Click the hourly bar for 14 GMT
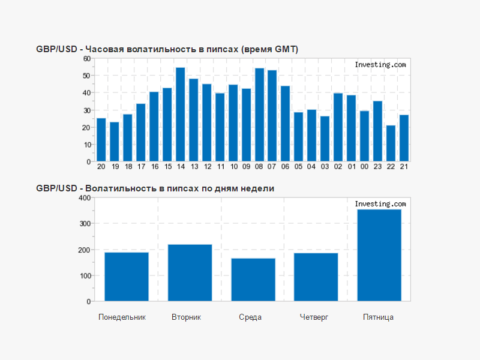pos(180,115)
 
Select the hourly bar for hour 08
pos(259,115)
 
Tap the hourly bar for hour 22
pos(391,143)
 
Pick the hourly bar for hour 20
pos(101,140)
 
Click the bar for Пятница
pos(379,255)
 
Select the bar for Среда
pos(253,280)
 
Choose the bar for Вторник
pos(190,272)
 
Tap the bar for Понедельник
pos(126,277)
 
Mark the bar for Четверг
pos(316,277)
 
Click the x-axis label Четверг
pos(314,317)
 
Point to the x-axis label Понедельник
pos(122,317)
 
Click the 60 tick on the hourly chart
pos(86,59)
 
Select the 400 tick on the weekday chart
pos(84,198)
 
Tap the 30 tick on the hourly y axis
pos(86,110)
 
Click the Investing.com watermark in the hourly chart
pos(380,65)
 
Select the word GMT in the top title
pos(285,49)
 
